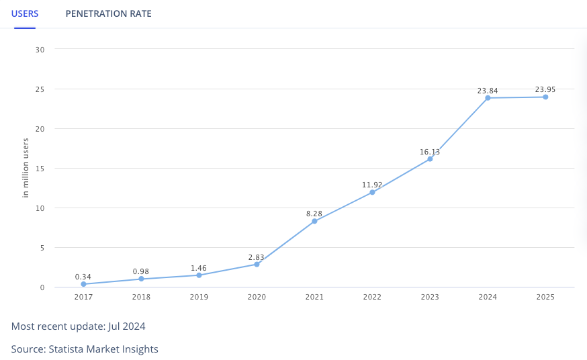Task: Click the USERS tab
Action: tap(25, 13)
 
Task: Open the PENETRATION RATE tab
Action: tap(108, 13)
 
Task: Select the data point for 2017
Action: tap(83, 284)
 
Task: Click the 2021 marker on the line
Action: tap(314, 221)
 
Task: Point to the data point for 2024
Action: tap(488, 98)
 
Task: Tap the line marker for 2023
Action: tap(430, 159)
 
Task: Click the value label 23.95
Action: tap(545, 89)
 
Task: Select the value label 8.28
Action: tap(314, 214)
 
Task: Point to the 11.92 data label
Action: tap(372, 185)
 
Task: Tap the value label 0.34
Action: tap(83, 277)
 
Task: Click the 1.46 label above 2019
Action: tap(199, 268)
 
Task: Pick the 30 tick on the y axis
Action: tap(40, 50)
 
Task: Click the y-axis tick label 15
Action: tap(40, 169)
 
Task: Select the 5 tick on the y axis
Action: tap(42, 248)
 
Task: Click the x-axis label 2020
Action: tap(257, 297)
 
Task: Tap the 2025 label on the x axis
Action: tap(545, 297)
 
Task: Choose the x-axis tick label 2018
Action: tap(141, 297)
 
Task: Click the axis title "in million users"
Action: tap(26, 168)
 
